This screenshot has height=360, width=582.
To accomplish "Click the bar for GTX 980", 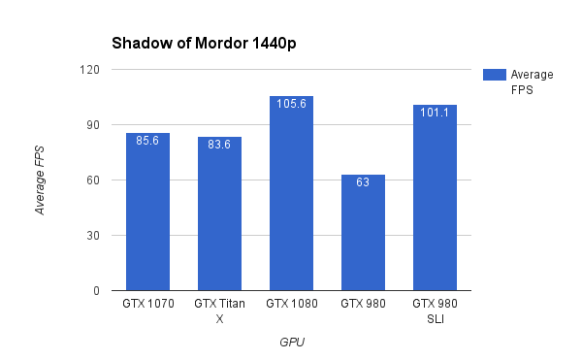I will tap(363, 233).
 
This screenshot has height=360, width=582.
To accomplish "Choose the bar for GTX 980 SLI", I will tap(435, 198).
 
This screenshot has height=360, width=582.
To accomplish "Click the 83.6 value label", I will tap(219, 144).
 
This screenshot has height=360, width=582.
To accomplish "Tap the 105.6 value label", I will tap(291, 104).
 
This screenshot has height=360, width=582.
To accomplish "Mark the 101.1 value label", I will tap(435, 112).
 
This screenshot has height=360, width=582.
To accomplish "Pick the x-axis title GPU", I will tap(291, 342).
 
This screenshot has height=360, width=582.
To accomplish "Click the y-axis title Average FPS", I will tap(40, 180).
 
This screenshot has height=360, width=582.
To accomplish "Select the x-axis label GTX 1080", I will tap(291, 305).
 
